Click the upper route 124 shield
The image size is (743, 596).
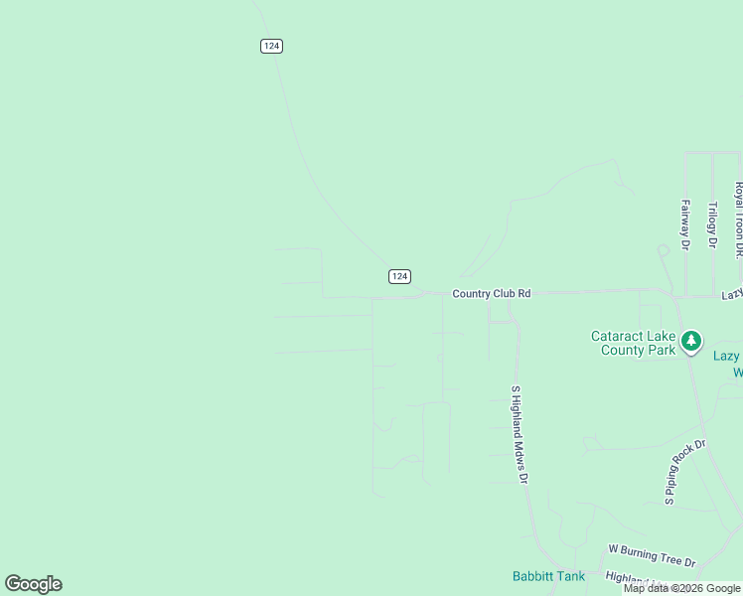point(272,46)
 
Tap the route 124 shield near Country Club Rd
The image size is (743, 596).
point(399,276)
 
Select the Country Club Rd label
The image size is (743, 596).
point(491,294)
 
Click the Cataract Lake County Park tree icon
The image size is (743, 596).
point(691,342)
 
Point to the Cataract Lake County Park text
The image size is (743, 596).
point(634,343)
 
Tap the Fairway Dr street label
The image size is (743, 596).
point(685,223)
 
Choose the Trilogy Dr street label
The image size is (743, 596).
point(712,224)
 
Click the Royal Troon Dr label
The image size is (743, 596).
point(738,221)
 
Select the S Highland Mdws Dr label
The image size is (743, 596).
point(518,434)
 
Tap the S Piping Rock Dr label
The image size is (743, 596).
point(685,471)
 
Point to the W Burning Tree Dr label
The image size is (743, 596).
point(652,555)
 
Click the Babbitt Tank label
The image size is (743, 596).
point(548,576)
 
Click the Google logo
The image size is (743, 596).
point(34,584)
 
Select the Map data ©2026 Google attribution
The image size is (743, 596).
point(681,588)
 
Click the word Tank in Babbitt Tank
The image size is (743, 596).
point(570,576)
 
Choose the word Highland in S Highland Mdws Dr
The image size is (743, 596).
point(517,424)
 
